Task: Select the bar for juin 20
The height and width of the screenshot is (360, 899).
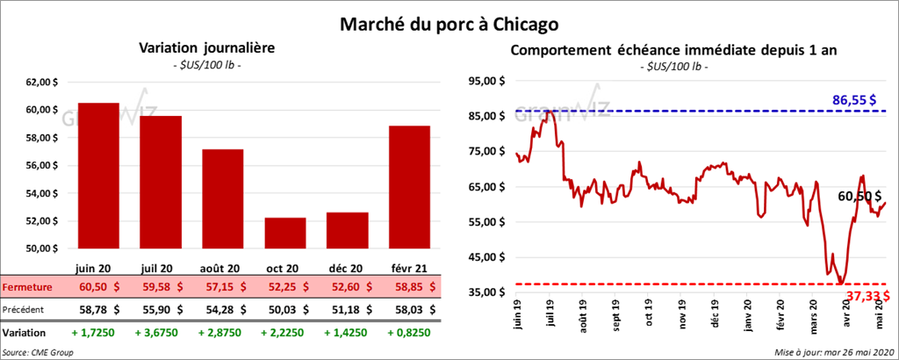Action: pos(98,176)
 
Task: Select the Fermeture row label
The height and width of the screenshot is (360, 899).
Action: pos(26,287)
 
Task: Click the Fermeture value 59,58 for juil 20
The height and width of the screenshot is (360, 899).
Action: pos(161,287)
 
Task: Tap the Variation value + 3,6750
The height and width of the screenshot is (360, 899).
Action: pos(161,334)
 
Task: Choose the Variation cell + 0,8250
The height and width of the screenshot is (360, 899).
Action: pos(409,334)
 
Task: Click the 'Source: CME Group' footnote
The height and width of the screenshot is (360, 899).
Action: pos(39,351)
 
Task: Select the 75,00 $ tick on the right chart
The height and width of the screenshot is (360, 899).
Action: pos(491,152)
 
